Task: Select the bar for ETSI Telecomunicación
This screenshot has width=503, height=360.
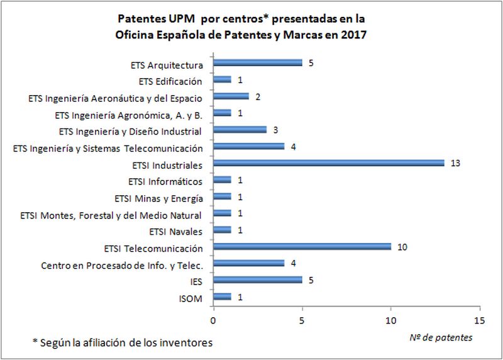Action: pos(302,247)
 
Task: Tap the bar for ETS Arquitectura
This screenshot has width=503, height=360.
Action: pos(258,63)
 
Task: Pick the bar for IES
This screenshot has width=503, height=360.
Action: pos(258,280)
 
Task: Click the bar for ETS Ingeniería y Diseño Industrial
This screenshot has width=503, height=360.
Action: pos(240,130)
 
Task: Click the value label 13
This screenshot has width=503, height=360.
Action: pos(455,164)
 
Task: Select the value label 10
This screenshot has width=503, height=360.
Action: pos(402,247)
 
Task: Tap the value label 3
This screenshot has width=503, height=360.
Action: pos(275,130)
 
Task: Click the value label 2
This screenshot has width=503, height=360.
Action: pos(258,97)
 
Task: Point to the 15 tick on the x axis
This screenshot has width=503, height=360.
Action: pos(480,320)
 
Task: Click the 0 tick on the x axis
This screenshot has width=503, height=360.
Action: pos(214,320)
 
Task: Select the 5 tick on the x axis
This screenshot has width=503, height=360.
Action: pos(302,320)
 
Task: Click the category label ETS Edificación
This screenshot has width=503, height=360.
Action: pos(170,81)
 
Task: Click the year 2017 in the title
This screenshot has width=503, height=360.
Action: pos(353,35)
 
